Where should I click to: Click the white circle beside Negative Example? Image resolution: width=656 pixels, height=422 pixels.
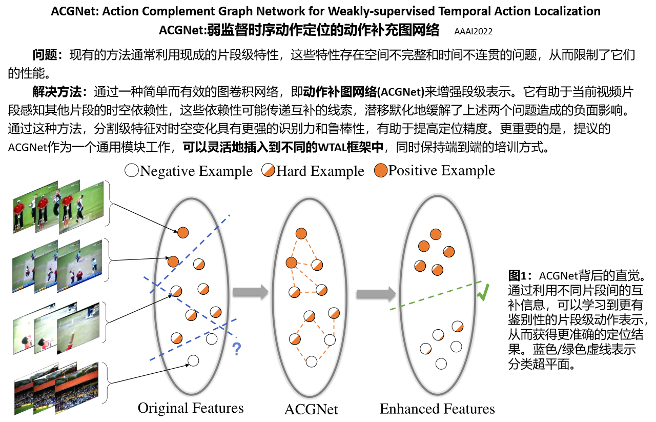click(132, 171)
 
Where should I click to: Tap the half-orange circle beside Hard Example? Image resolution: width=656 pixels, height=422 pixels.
click(269, 171)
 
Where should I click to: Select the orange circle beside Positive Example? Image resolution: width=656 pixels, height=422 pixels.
click(380, 171)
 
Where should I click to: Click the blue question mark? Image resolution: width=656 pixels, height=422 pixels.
click(236, 349)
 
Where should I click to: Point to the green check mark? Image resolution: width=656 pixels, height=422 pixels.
click(483, 292)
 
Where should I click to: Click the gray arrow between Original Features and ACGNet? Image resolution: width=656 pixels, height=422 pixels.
click(250, 292)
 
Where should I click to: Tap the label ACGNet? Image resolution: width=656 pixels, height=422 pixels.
click(311, 410)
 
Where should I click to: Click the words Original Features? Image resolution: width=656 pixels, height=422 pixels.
click(191, 408)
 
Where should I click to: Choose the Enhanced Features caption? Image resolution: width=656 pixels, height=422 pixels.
click(437, 409)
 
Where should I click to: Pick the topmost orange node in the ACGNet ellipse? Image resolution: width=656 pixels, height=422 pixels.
click(301, 234)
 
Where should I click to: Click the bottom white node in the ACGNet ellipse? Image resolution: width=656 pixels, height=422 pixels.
click(311, 361)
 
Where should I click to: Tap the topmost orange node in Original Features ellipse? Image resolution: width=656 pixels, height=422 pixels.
click(183, 233)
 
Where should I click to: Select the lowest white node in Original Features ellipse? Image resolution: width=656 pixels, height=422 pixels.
click(193, 360)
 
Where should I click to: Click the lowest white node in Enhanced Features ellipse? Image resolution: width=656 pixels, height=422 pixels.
click(441, 364)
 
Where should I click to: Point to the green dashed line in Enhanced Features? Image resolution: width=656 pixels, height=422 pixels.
click(436, 295)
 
